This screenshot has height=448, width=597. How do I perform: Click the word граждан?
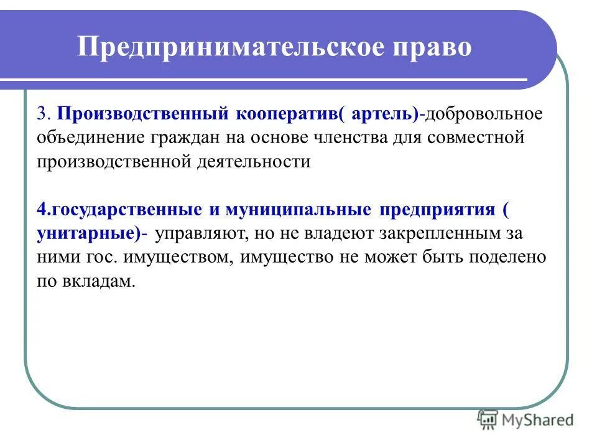[x=185, y=138]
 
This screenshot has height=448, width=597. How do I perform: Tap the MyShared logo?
[x=526, y=420]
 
